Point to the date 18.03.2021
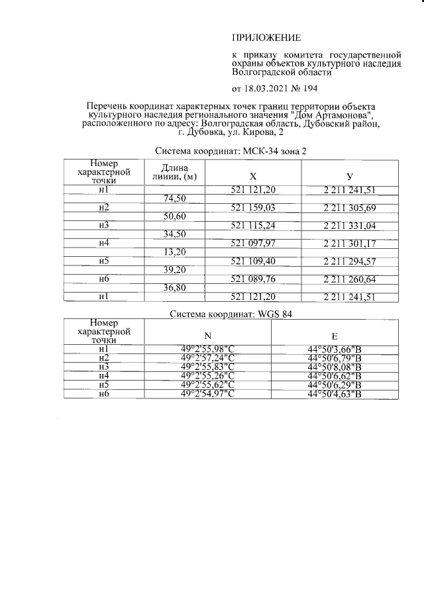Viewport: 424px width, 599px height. (267, 88)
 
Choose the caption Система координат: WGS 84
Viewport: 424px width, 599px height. (231, 314)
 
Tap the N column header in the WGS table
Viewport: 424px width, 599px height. (208, 335)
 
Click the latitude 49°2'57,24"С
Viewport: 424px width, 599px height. (208, 357)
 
